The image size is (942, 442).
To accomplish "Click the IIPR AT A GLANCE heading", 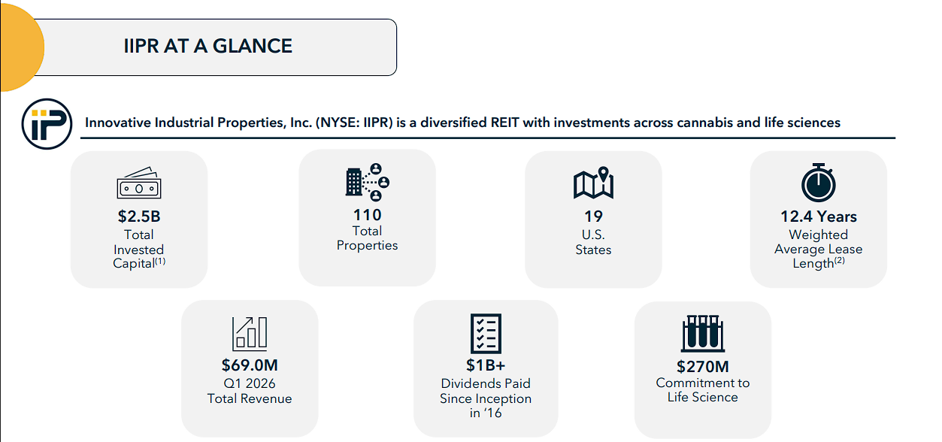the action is pyautogui.click(x=207, y=46).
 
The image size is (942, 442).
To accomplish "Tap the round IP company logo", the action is pyautogui.click(x=47, y=124).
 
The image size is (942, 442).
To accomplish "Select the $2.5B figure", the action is pyautogui.click(x=139, y=216).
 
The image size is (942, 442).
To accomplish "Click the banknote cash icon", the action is pyautogui.click(x=139, y=183).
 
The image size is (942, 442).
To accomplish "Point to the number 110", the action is pyautogui.click(x=367, y=215).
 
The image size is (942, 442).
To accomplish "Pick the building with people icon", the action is pyautogui.click(x=367, y=182).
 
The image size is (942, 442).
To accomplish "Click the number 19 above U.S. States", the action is pyautogui.click(x=593, y=216).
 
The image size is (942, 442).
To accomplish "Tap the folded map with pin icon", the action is pyautogui.click(x=593, y=183).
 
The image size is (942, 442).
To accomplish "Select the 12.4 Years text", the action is pyautogui.click(x=819, y=216).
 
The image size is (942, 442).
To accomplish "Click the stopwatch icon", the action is pyautogui.click(x=819, y=183).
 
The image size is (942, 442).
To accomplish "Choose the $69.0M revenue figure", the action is pyautogui.click(x=250, y=365).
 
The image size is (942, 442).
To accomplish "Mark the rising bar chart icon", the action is pyautogui.click(x=250, y=334).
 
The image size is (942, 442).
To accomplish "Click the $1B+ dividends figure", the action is pyautogui.click(x=486, y=365).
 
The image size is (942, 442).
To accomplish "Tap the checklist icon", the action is pyautogui.click(x=486, y=334).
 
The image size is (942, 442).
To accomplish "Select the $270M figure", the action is pyautogui.click(x=703, y=366).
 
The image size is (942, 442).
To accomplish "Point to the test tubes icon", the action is pyautogui.click(x=703, y=333).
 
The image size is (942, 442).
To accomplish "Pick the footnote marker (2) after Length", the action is pyautogui.click(x=840, y=260).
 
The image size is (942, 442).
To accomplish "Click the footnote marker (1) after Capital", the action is pyautogui.click(x=160, y=261).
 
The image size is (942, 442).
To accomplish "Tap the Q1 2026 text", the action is pyautogui.click(x=250, y=383).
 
